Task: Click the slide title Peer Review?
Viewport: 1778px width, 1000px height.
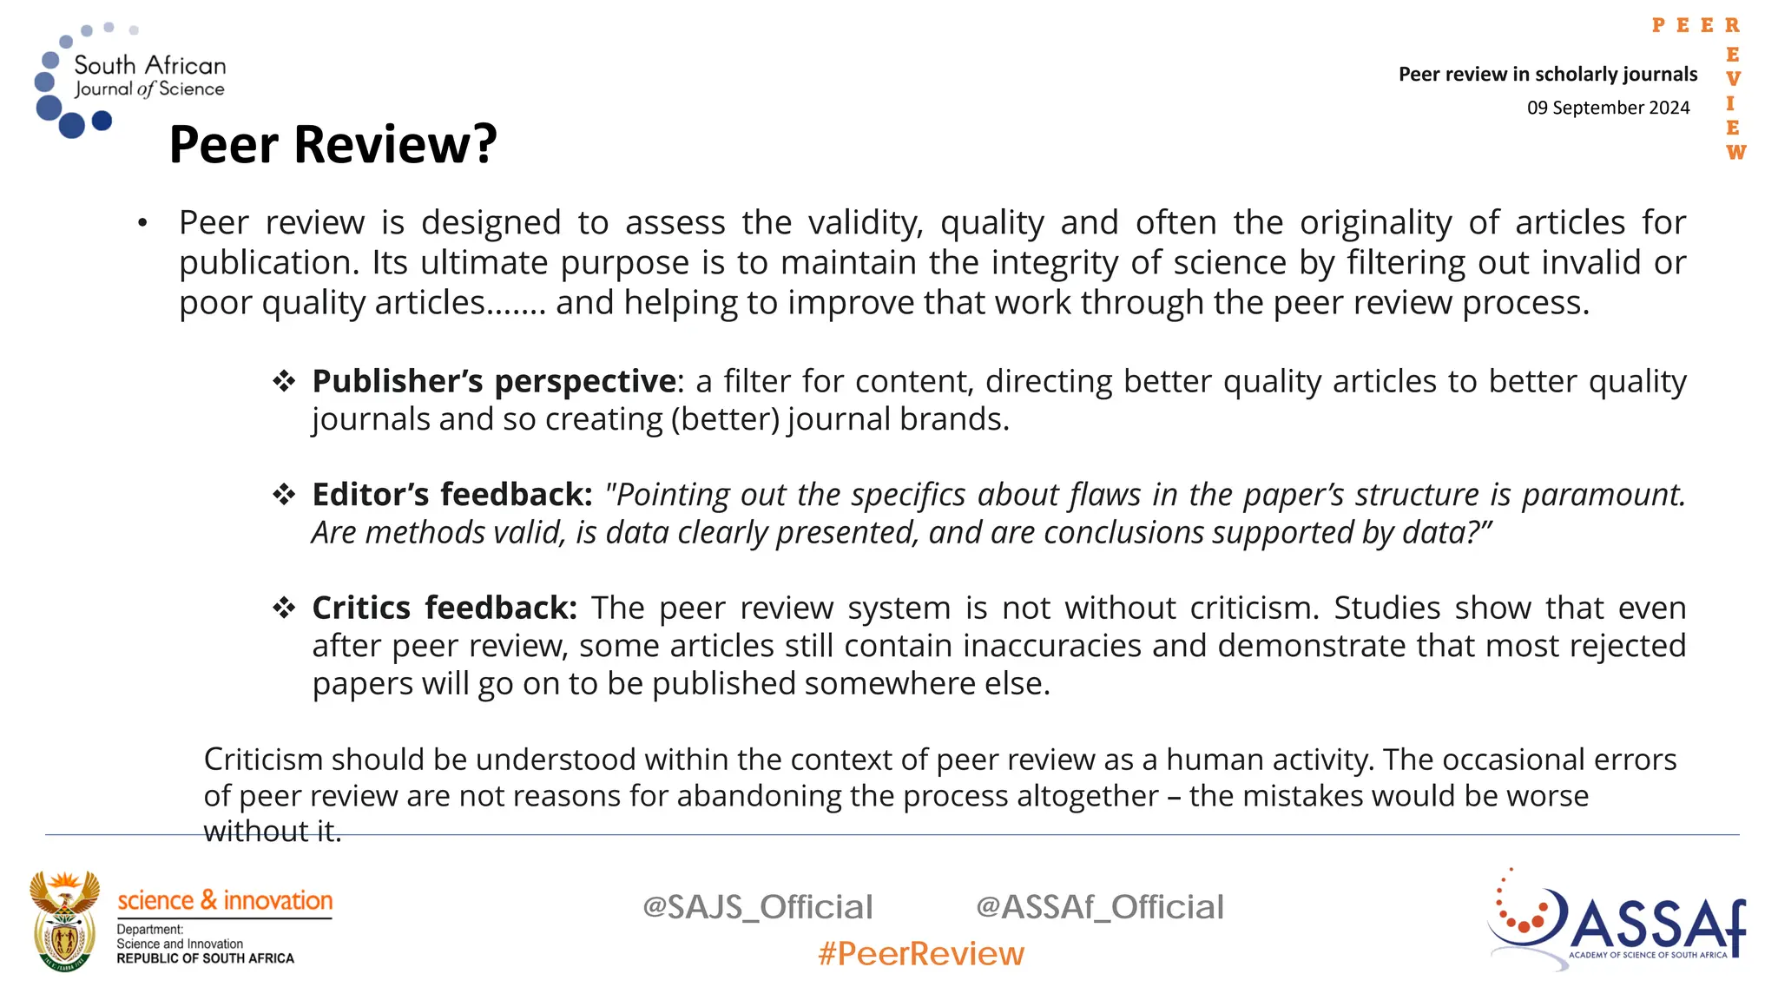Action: (x=333, y=144)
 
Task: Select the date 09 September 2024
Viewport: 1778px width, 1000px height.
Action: (x=1608, y=108)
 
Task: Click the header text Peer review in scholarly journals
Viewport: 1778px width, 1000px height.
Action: (x=1547, y=75)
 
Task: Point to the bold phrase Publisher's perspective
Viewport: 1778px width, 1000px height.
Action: (x=493, y=381)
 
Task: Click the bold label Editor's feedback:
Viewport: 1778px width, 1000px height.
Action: (x=451, y=495)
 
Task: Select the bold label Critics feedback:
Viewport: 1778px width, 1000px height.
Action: (x=444, y=608)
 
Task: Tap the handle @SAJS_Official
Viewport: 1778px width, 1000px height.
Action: (x=757, y=907)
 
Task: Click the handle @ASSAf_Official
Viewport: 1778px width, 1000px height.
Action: (x=1099, y=907)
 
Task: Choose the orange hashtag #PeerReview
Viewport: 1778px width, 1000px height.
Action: (x=921, y=954)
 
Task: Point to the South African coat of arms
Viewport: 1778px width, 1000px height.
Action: (x=64, y=921)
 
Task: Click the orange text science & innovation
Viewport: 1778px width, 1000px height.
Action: (x=225, y=900)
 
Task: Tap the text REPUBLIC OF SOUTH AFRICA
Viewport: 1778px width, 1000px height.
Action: (x=205, y=958)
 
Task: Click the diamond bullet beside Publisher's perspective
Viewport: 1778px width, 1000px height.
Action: (x=284, y=381)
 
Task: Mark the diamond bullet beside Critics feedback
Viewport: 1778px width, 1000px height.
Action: (x=284, y=608)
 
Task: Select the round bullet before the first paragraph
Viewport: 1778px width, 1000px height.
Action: (x=142, y=224)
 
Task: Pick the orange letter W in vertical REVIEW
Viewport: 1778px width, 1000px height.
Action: (x=1735, y=153)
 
